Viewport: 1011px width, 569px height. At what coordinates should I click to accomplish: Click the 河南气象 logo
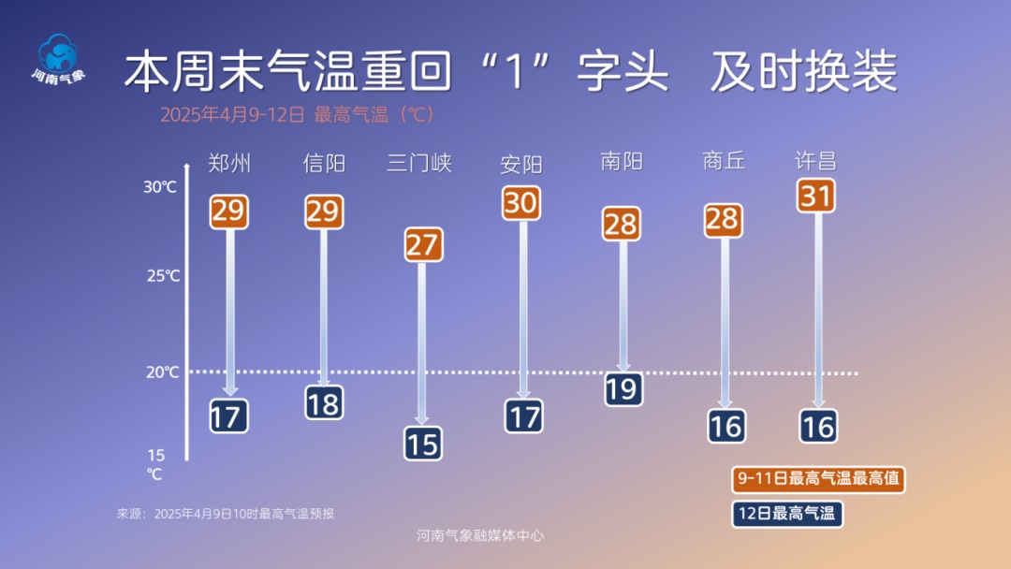click(58, 59)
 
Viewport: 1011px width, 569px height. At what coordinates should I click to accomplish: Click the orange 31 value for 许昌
click(815, 196)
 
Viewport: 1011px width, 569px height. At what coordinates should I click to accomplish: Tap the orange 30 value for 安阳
click(521, 202)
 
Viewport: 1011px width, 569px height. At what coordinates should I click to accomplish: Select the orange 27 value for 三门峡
click(423, 245)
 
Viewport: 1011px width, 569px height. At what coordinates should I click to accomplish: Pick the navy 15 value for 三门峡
click(423, 443)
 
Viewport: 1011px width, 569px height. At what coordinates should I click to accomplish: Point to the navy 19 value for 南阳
click(622, 387)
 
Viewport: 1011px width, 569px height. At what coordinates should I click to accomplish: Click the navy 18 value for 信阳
click(324, 402)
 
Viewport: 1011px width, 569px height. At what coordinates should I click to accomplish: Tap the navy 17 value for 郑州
click(227, 416)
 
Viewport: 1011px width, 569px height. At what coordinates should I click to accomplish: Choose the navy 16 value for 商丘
click(725, 426)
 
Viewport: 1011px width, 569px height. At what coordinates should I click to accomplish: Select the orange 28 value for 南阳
click(622, 225)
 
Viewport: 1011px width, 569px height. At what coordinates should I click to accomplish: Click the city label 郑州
click(229, 164)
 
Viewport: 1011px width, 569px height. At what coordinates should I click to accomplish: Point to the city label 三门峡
click(419, 163)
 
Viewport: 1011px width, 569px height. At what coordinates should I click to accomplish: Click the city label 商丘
click(724, 161)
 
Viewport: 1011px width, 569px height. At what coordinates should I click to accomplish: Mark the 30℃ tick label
click(160, 187)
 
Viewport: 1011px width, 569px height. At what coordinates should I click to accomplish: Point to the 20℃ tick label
click(162, 372)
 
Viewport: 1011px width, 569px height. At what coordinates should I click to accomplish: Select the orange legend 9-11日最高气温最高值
click(818, 479)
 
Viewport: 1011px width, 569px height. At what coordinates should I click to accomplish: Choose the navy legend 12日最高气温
click(786, 513)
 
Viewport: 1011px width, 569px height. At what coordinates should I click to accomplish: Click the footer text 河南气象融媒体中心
click(480, 536)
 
